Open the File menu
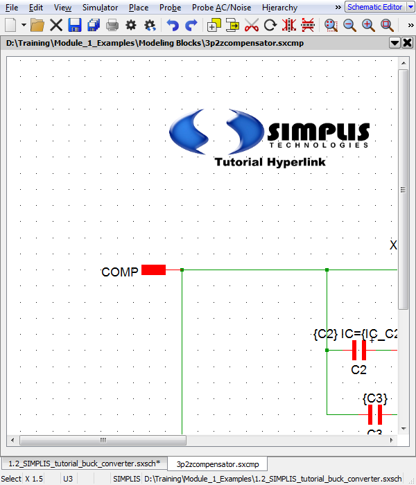tap(12, 8)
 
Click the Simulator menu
tap(100, 8)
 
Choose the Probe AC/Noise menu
tap(221, 8)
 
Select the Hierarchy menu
tap(279, 8)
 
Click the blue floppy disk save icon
tap(75, 26)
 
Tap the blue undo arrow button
tap(173, 26)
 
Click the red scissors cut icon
tap(252, 26)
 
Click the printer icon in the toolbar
tap(112, 26)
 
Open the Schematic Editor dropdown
tap(374, 7)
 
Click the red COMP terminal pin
tap(153, 270)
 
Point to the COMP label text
tap(119, 272)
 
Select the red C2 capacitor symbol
tap(358, 350)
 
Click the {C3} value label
tap(374, 398)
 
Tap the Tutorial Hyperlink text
tap(270, 162)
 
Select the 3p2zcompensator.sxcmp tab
tap(217, 464)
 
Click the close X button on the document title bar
tap(407, 43)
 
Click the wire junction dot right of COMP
tap(182, 270)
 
